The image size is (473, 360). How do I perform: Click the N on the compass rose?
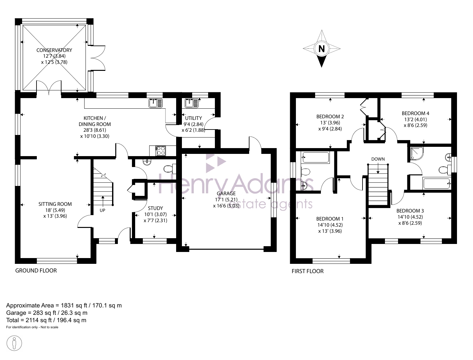[322, 49]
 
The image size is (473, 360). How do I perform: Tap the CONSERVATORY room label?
[54, 50]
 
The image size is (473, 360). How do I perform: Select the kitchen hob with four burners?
[160, 151]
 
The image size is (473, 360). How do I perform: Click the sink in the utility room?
[192, 103]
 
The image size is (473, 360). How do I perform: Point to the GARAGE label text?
[226, 194]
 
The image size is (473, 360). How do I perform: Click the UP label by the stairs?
[102, 210]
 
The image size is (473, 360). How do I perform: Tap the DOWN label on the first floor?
[378, 159]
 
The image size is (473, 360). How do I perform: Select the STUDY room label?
[155, 208]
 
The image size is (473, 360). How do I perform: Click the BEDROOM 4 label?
[415, 113]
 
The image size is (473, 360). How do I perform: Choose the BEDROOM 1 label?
[330, 219]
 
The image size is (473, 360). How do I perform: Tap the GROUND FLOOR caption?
[36, 271]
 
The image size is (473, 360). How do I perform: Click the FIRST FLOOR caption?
[307, 271]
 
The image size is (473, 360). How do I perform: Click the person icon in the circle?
[14, 343]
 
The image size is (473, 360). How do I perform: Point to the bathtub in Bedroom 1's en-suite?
[316, 157]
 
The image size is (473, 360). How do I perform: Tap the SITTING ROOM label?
[55, 204]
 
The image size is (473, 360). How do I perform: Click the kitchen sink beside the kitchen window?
[156, 103]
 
